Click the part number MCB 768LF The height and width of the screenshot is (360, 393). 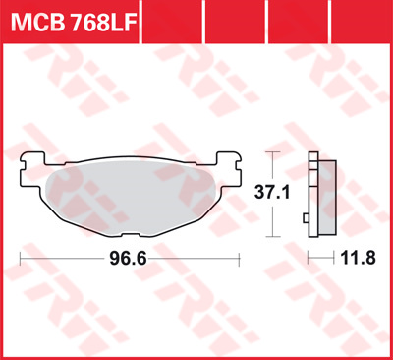click(74, 22)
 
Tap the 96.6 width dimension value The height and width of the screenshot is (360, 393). click(128, 259)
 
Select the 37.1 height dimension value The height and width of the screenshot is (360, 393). click(272, 192)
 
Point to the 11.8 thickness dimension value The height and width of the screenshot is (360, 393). click(358, 258)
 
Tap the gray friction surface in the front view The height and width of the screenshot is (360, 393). click(131, 198)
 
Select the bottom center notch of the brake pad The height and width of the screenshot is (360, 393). click(131, 234)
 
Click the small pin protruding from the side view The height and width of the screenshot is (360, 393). click(306, 217)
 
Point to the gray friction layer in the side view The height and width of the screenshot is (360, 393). click(327, 198)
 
